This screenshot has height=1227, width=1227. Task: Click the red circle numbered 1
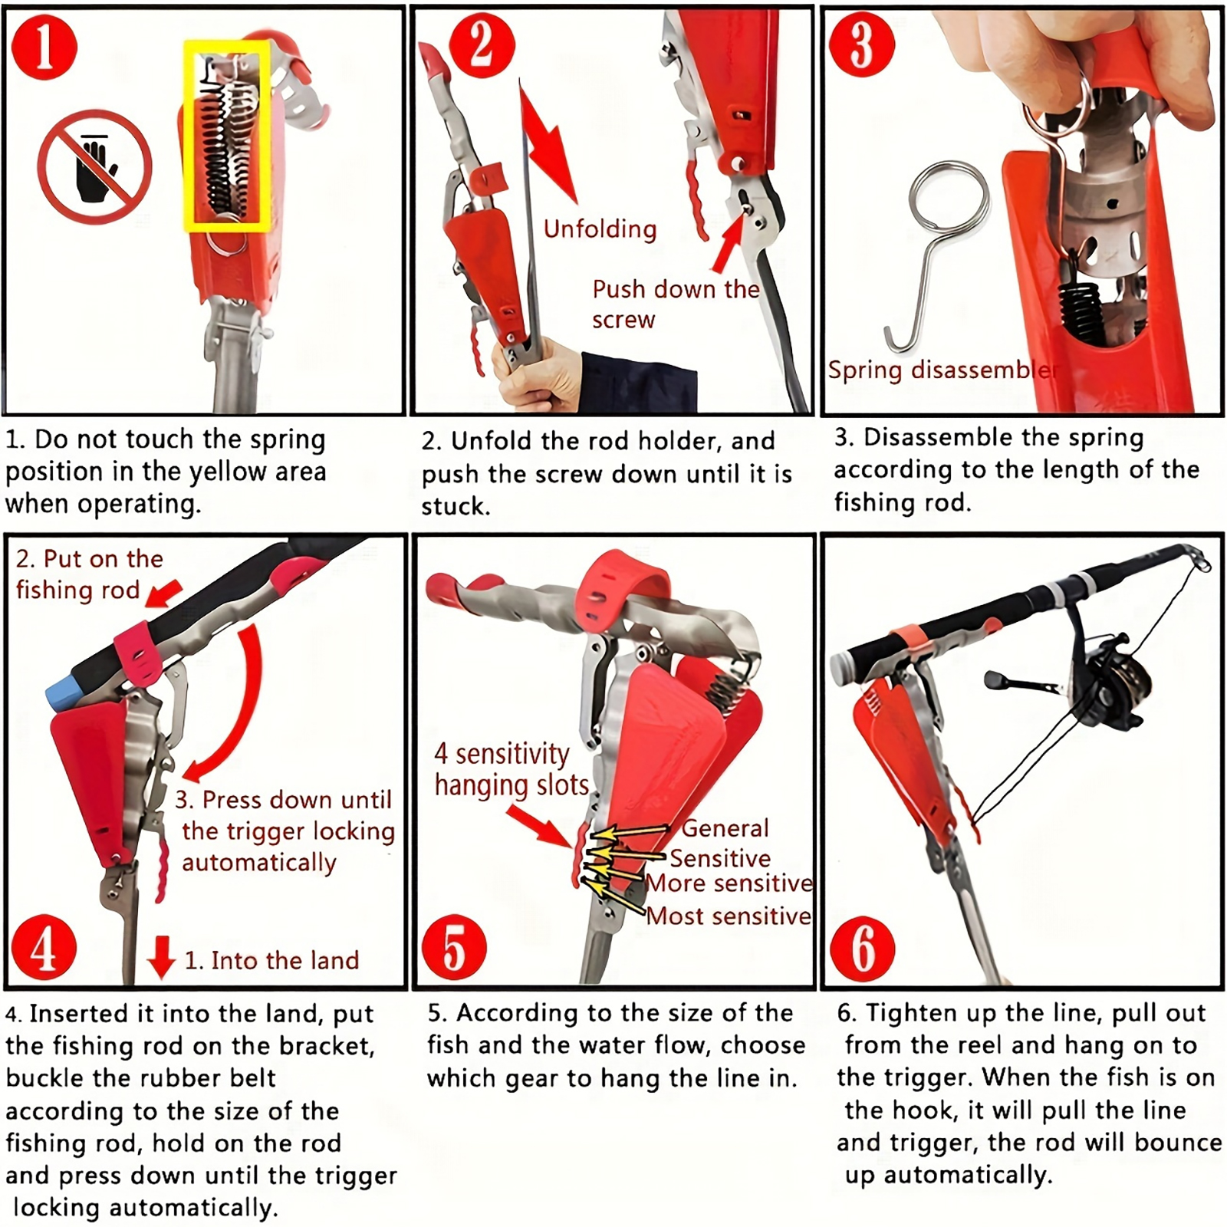tap(44, 48)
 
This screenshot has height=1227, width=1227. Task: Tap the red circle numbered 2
tap(481, 46)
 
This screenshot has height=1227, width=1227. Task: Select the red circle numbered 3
tap(862, 44)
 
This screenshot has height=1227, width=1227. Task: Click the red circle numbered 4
tap(43, 947)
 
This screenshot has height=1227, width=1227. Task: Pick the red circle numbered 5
tap(455, 947)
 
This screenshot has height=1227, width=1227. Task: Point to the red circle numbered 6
tap(863, 949)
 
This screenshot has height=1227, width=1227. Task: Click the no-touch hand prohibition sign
tap(95, 166)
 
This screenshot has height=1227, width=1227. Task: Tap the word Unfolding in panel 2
tap(600, 229)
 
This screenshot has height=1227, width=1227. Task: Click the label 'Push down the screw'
tap(675, 304)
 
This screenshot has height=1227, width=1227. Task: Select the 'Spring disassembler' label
tap(942, 370)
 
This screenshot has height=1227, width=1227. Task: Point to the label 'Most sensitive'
tap(728, 916)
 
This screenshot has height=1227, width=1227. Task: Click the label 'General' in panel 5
tap(725, 828)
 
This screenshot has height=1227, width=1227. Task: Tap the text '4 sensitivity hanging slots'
tap(512, 770)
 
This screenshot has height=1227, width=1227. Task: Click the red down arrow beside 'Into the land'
tap(161, 956)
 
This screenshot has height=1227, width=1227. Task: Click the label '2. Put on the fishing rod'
tap(89, 574)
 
